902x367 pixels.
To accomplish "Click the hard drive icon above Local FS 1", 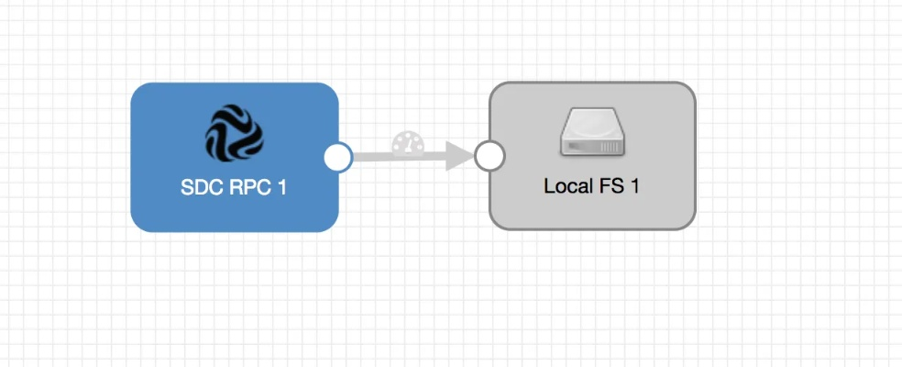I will pyautogui.click(x=592, y=131).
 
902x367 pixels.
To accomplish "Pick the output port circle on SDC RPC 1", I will pyautogui.click(x=338, y=157).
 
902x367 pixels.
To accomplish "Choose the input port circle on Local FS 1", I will pyautogui.click(x=489, y=157).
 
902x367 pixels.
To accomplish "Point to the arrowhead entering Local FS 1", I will pyautogui.click(x=460, y=157).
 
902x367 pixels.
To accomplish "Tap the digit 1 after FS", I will pyautogui.click(x=633, y=185).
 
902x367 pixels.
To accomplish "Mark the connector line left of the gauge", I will pyautogui.click(x=371, y=157).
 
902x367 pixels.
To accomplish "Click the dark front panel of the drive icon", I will pyautogui.click(x=592, y=146).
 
